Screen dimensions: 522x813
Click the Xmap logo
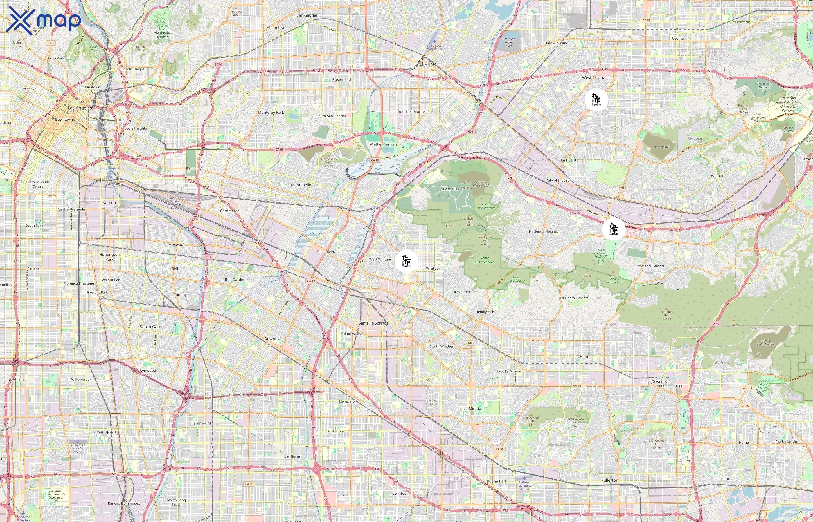coord(44,20)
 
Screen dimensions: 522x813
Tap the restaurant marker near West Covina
coord(596,99)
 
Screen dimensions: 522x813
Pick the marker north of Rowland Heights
coord(614,229)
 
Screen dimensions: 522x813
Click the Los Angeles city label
coord(80,108)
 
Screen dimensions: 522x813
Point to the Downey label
coord(272,339)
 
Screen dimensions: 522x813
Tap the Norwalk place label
coord(346,402)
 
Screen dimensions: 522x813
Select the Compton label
coord(107,432)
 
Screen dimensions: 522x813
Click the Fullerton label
coord(609,480)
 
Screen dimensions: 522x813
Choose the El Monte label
coord(428,64)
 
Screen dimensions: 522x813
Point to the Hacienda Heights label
coord(543,231)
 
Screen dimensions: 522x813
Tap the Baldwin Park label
coord(556,43)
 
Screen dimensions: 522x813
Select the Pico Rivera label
coord(326,252)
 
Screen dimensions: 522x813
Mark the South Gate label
coord(150,327)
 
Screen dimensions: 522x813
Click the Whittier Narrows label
coord(383,144)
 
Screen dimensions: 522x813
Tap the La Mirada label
coord(472,408)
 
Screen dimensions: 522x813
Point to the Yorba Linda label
coord(786,441)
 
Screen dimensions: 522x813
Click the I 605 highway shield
coord(469,131)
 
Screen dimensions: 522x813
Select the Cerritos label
coord(399,493)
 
